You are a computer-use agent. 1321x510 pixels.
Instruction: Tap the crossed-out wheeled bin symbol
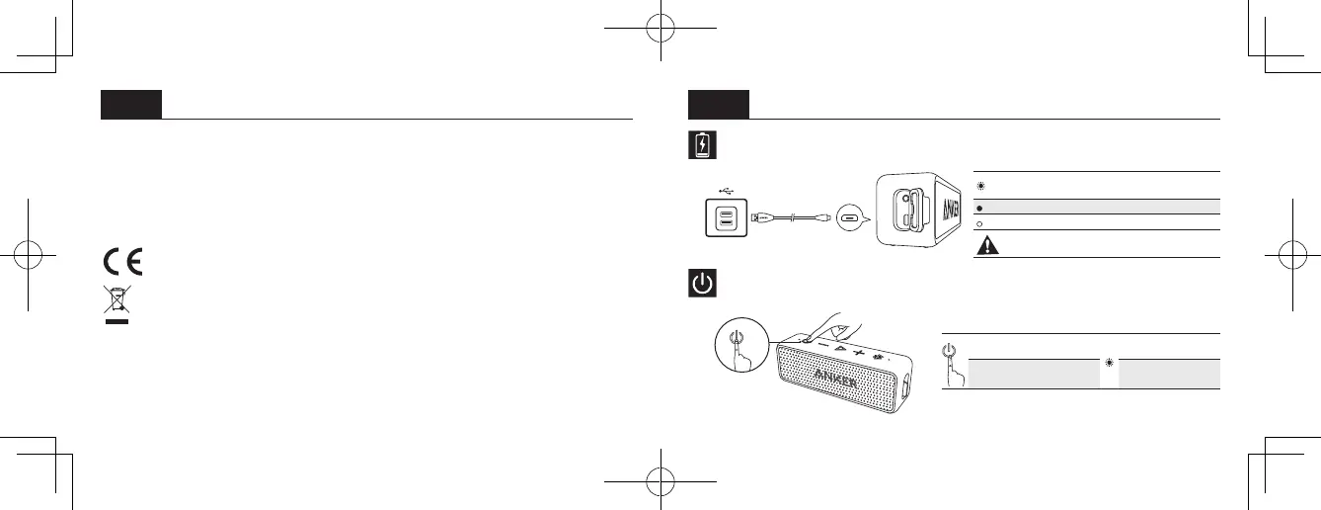[x=117, y=300]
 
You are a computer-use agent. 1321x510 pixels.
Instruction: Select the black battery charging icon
[x=701, y=146]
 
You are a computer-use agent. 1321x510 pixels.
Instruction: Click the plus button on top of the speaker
[x=857, y=352]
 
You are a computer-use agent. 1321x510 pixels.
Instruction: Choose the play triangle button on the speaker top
[x=838, y=347]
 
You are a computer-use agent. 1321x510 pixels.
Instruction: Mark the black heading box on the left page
[x=131, y=104]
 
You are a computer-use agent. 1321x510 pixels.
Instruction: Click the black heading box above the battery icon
[x=718, y=104]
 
